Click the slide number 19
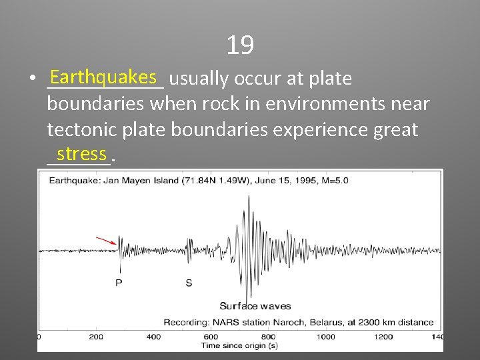239,45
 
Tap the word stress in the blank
81,154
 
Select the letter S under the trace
189,283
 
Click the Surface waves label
255,306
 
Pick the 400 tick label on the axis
153,337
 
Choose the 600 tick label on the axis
211,337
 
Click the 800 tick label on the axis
269,337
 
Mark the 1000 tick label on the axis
326,337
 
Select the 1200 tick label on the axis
383,337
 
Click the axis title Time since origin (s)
239,345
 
